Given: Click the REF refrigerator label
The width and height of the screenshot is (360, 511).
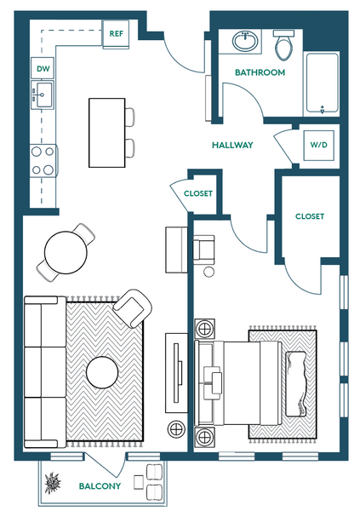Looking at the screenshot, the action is [x=117, y=33].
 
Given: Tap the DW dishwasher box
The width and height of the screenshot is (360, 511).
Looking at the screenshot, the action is [x=43, y=68].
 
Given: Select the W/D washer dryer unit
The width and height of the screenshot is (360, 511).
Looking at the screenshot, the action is [x=318, y=146].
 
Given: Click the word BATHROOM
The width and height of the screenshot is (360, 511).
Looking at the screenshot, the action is [x=260, y=72].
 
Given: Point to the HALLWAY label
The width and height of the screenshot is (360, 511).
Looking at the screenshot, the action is [x=232, y=145].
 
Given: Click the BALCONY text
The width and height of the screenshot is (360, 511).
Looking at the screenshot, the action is [x=100, y=486].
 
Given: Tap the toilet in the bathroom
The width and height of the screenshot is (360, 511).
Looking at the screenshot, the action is [x=283, y=45].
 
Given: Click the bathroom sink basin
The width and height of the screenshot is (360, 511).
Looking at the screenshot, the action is [x=245, y=41].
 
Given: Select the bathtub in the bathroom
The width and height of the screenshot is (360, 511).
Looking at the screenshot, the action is [x=323, y=83].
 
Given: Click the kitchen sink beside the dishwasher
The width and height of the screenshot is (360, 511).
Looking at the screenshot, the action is [x=43, y=95].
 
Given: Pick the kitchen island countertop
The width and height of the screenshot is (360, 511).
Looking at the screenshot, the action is [x=107, y=133].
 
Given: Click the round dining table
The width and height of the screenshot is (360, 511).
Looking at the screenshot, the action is [x=66, y=252].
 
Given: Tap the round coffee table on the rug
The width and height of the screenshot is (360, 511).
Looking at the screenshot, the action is [x=102, y=372].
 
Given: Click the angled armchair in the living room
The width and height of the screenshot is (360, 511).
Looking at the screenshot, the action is [x=133, y=308].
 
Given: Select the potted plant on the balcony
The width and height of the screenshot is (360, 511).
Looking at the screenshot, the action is [x=53, y=483].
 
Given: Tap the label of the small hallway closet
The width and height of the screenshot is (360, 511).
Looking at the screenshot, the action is [x=198, y=193].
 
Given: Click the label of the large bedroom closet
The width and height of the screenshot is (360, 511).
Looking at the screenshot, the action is [x=310, y=216].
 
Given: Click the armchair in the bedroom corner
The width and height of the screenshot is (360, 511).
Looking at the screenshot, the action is [x=203, y=250].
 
